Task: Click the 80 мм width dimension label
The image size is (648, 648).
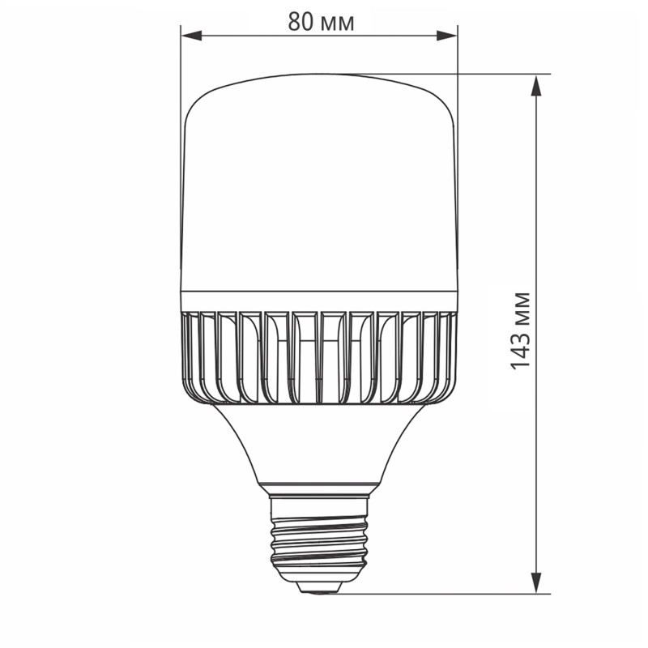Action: point(321,22)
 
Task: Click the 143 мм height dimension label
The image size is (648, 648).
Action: point(521,330)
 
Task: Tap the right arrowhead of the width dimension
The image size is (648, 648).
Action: point(447,35)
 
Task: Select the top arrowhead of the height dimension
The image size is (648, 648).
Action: point(535,85)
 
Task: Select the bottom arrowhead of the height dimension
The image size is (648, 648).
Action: point(535,582)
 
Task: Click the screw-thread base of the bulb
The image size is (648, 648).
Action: point(319,538)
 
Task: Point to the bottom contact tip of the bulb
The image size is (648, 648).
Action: point(319,589)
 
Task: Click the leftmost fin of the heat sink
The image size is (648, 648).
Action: point(190,356)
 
